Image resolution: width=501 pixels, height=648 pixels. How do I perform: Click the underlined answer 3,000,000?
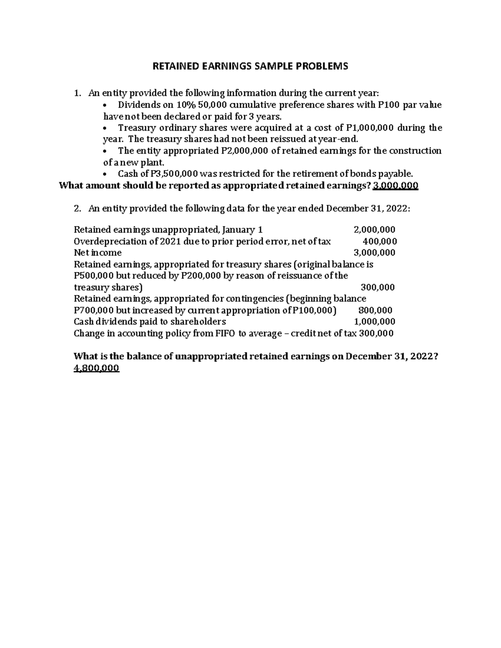[x=395, y=186]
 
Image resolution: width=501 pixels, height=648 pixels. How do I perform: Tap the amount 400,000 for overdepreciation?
[x=380, y=241]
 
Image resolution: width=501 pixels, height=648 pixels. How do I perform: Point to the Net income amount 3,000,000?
[x=374, y=252]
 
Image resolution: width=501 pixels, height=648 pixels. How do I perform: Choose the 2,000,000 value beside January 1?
[x=374, y=229]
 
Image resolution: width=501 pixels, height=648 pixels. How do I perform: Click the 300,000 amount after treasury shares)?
[x=377, y=287]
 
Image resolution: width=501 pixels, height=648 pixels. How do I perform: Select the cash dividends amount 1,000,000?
[x=374, y=321]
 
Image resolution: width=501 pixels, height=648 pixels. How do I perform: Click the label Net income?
[x=98, y=252]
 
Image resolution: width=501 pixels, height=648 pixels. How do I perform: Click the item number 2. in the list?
[x=77, y=209]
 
